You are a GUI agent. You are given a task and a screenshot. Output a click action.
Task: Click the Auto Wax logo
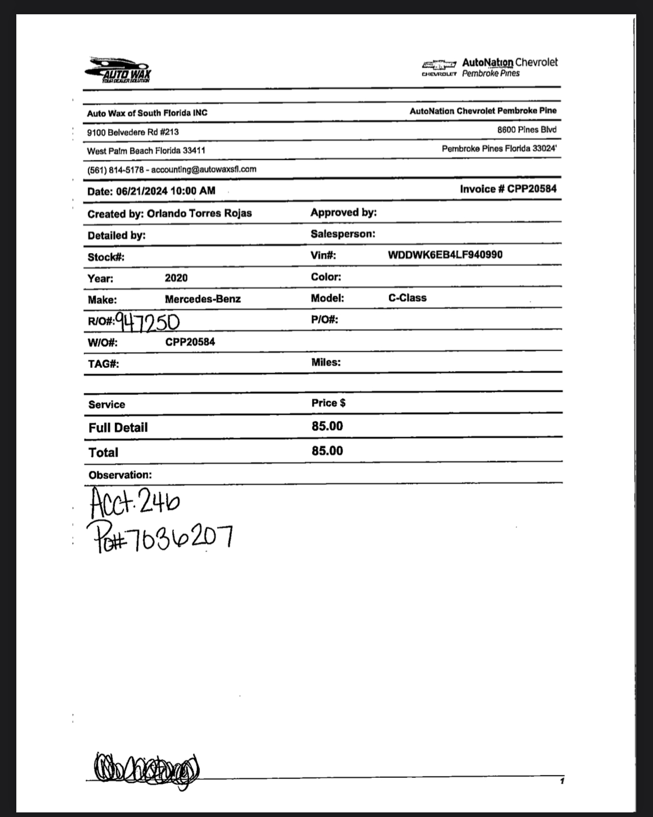click(x=118, y=70)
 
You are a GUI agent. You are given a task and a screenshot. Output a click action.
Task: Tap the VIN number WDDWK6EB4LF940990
click(x=445, y=254)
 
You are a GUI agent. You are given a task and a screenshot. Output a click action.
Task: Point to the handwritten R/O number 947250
click(x=147, y=322)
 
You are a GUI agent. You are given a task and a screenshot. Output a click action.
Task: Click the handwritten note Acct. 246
click(x=135, y=502)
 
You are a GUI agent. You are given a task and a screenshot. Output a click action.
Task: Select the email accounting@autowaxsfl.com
click(x=203, y=169)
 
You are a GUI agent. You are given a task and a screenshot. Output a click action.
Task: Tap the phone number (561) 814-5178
click(x=115, y=169)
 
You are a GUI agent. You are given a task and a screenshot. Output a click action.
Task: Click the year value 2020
click(x=176, y=278)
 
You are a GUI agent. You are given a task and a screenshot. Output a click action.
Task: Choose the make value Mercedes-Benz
click(x=202, y=299)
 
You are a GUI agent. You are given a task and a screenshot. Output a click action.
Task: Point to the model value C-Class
click(x=407, y=298)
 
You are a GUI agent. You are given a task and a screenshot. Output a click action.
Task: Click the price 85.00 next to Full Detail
click(x=327, y=426)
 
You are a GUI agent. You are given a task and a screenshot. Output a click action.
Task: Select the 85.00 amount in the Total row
click(x=327, y=451)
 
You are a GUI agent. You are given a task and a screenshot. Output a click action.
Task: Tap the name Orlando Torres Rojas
click(x=199, y=213)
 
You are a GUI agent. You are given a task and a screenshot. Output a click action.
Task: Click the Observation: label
click(x=120, y=475)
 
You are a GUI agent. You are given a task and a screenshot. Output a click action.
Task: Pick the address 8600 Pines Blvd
click(x=526, y=130)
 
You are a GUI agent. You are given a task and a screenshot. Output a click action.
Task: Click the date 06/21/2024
click(x=141, y=191)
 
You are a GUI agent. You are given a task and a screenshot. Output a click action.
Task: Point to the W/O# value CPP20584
click(x=190, y=341)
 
